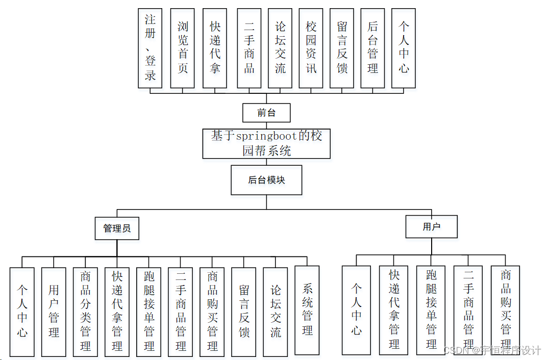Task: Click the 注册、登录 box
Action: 150,48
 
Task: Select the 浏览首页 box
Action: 183,48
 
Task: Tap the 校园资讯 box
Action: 311,48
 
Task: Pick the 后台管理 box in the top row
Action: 372,48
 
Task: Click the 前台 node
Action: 266,113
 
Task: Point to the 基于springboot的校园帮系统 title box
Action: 266,144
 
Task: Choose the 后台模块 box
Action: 266,180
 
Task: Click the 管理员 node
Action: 117,228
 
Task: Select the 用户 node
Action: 431,227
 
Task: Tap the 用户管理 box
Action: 54,312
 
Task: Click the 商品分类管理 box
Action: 85,312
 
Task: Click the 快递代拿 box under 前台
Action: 215,48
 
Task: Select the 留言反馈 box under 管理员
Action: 244,312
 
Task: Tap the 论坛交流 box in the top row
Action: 280,48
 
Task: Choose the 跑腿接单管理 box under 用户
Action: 431,311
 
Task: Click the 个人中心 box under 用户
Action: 357,311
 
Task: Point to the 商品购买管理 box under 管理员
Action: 212,312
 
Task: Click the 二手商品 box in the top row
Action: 249,48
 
